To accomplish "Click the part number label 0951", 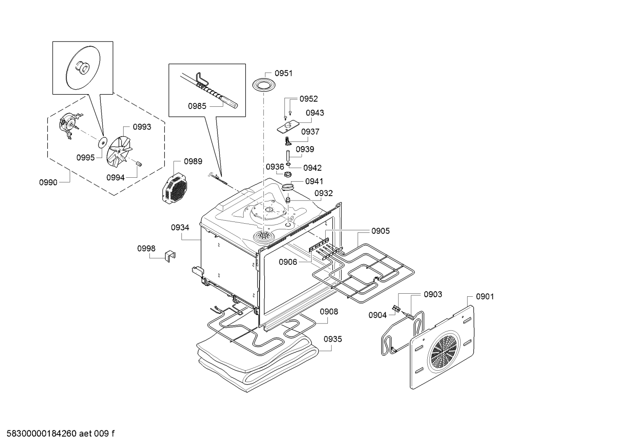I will pyautogui.click(x=284, y=73).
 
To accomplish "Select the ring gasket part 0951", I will pyautogui.click(x=263, y=84).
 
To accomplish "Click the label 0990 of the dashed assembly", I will pyautogui.click(x=48, y=183).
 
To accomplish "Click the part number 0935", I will pyautogui.click(x=333, y=339).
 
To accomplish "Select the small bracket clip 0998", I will pyautogui.click(x=170, y=256).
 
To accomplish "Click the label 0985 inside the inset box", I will pyautogui.click(x=197, y=106).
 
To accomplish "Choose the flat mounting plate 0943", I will pyautogui.click(x=288, y=127).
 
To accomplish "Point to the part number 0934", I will pyautogui.click(x=180, y=227).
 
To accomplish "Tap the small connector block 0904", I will pyautogui.click(x=398, y=309).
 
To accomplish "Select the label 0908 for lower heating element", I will pyautogui.click(x=328, y=312).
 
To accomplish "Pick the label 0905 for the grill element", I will pyautogui.click(x=380, y=231).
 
